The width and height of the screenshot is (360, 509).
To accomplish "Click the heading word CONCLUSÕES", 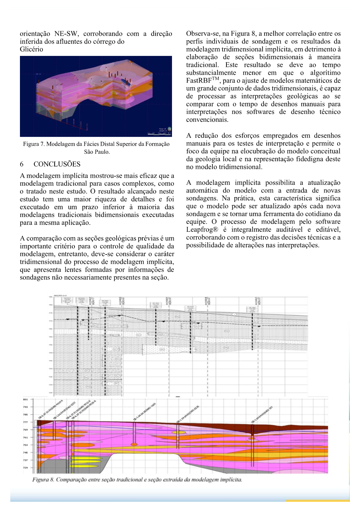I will coord(57,164).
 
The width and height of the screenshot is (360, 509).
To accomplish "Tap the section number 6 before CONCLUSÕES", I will coord(22,164).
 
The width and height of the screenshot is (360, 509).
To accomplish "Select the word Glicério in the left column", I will coord(31,49).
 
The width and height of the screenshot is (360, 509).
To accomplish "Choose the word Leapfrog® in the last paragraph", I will coord(202,229).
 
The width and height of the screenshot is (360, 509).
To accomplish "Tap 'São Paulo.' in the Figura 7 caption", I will coord(97,152).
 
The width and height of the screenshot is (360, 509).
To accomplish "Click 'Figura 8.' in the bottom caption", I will coord(43,480).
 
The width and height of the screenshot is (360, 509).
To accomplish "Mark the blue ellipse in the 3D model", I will coord(125,81).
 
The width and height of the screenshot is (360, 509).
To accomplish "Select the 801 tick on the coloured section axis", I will coord(25,400).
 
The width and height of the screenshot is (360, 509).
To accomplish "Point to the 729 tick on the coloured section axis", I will coord(25,468).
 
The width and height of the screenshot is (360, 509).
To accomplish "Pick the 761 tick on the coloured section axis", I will coord(25,437).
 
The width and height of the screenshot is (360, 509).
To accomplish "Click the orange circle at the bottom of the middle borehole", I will coord(134,444).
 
